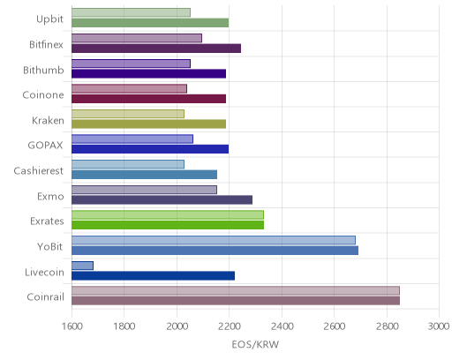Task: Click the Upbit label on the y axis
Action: coord(49,19)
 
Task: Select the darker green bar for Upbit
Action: coord(150,23)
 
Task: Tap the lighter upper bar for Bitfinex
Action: coord(137,38)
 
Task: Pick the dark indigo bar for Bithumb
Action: coord(148,73)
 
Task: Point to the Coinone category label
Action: coord(43,95)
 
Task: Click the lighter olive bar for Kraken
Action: coord(128,114)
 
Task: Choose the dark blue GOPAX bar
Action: coord(150,149)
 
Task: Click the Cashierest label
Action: coord(38,171)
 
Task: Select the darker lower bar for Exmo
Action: coord(162,200)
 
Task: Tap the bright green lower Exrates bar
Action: coord(168,225)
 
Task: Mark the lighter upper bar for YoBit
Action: coord(214,240)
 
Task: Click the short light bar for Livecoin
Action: coord(82,266)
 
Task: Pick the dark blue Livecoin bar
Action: coord(153,275)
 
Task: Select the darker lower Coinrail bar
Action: coord(236,301)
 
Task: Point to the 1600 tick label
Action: coord(72,326)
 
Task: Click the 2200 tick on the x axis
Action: coord(230,326)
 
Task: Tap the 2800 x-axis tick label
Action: coord(387,326)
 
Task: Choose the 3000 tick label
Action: coord(439,326)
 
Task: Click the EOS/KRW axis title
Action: coord(255,344)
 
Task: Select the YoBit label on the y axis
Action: coord(50,246)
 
